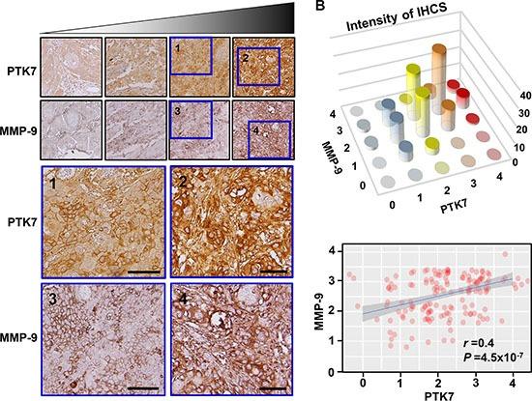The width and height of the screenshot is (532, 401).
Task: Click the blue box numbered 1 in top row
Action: pyautogui.click(x=191, y=56)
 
